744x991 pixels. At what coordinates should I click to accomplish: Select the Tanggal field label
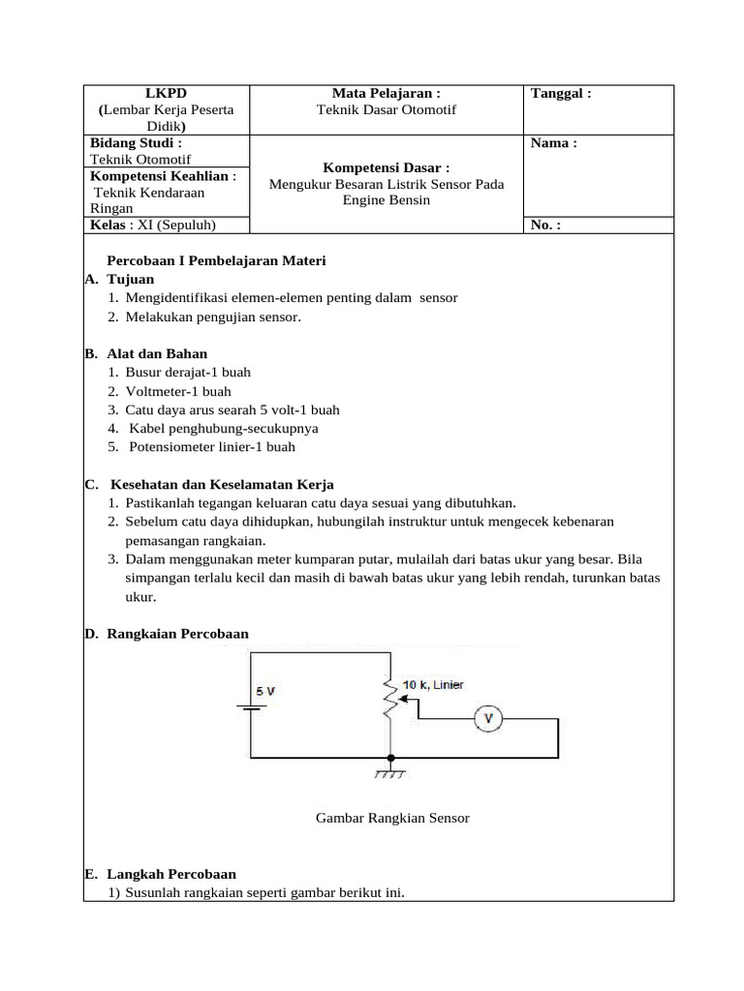(561, 94)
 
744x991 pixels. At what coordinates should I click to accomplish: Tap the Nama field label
(554, 143)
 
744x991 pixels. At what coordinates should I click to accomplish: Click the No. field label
(545, 225)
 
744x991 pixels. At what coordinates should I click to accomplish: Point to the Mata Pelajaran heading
(387, 94)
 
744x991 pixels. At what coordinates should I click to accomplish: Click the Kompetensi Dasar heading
(387, 167)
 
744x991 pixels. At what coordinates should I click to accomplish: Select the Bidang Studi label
(136, 143)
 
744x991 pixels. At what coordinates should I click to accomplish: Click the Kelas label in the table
(108, 225)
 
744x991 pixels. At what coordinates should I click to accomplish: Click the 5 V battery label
(265, 692)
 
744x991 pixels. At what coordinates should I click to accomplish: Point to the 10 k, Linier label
(433, 685)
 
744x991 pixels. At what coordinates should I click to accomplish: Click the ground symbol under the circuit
(390, 773)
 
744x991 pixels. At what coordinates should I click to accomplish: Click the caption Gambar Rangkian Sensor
(392, 818)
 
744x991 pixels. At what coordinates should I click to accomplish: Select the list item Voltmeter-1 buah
(178, 392)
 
